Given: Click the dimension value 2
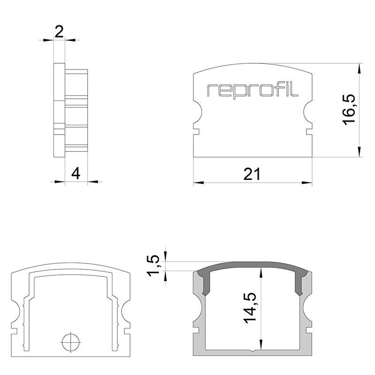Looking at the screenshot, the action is tap(59, 31).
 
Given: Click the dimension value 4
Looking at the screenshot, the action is tap(76, 173).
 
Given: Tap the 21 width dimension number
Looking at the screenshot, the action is tap(252, 174).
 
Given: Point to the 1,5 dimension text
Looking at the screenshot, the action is tap(153, 266).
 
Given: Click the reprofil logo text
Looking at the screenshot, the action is tap(252, 90).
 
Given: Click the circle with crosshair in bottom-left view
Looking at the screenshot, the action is tap(71, 342).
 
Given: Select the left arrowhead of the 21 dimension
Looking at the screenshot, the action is tap(198, 183).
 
